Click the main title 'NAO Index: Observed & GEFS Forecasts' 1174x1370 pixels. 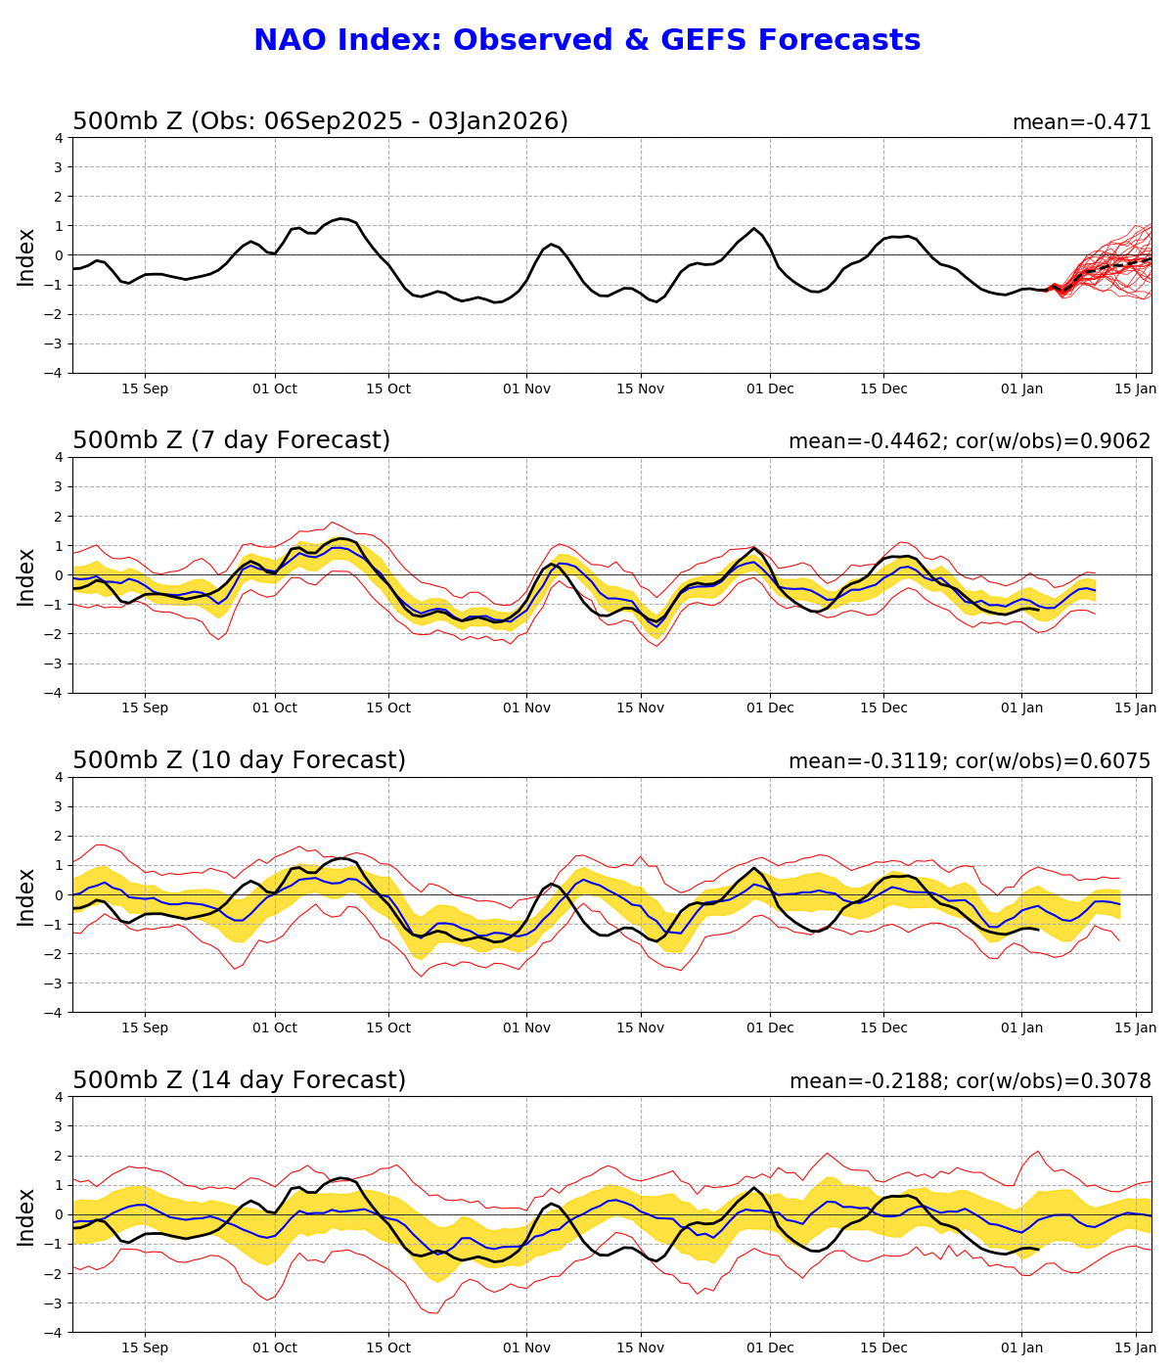(587, 41)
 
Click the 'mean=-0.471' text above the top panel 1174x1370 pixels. (1081, 122)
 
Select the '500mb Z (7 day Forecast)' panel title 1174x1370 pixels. (232, 440)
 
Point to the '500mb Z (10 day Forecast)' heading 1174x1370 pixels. (239, 760)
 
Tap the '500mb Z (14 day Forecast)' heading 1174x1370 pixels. (239, 1080)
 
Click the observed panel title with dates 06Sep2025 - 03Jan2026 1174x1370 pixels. (320, 121)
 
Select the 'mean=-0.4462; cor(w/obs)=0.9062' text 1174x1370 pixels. (970, 441)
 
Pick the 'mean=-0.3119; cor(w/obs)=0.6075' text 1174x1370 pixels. (970, 761)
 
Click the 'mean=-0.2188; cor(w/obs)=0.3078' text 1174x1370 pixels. (970, 1081)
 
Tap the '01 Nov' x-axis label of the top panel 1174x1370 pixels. (526, 388)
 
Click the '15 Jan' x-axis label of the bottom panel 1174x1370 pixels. (1136, 1347)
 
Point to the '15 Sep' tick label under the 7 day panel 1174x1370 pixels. (145, 708)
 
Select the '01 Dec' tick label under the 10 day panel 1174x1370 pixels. (769, 1027)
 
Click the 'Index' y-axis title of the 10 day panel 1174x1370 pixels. (26, 896)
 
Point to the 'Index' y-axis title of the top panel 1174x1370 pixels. (26, 256)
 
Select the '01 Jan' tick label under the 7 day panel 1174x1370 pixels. (1022, 708)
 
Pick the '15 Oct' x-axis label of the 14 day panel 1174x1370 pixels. (387, 1347)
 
